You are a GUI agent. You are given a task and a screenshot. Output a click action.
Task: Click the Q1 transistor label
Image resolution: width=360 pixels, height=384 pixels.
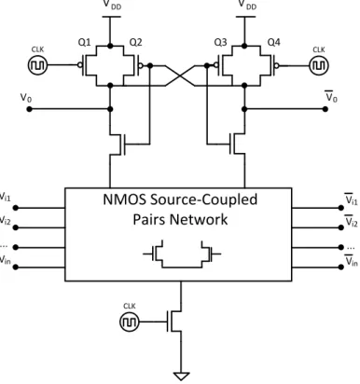click(x=84, y=42)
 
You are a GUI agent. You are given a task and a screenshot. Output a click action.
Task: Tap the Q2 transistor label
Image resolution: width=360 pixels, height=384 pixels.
click(x=135, y=42)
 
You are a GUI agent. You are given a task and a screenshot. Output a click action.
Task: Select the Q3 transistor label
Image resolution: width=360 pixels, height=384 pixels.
click(x=220, y=42)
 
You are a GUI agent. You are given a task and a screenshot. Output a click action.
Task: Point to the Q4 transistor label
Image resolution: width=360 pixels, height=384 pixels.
click(x=274, y=42)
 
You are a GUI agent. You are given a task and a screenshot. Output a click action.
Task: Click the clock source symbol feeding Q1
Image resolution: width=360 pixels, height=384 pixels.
click(x=38, y=65)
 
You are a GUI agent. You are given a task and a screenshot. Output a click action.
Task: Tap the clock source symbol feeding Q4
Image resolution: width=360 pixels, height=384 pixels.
click(x=319, y=65)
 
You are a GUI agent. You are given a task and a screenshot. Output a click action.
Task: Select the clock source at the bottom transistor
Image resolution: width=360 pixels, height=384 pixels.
click(x=129, y=322)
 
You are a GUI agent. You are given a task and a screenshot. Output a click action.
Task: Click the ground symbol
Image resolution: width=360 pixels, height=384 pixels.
click(x=181, y=377)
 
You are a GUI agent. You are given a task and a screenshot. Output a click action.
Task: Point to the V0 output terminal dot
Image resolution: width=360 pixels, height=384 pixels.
click(x=30, y=109)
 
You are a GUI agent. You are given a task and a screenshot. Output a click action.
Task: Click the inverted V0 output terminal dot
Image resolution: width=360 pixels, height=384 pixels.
click(x=325, y=109)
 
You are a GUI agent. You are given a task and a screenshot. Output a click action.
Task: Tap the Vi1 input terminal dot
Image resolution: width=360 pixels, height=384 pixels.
click(x=16, y=208)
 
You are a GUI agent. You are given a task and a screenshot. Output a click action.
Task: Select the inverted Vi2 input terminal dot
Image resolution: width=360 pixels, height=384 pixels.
click(x=341, y=227)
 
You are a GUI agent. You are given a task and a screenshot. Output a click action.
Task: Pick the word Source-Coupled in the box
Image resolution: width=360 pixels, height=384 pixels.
click(x=203, y=199)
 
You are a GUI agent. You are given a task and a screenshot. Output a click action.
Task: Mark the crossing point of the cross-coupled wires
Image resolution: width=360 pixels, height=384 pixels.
click(x=181, y=75)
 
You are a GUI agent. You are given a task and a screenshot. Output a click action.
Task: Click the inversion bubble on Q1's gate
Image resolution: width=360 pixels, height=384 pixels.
click(x=80, y=65)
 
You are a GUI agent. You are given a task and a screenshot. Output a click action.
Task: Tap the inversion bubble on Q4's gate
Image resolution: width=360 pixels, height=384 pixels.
click(x=277, y=65)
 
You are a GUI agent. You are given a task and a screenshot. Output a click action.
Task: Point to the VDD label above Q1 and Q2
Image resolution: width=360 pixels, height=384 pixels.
click(x=112, y=5)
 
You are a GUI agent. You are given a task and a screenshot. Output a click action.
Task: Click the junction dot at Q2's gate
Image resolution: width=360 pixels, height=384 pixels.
click(x=150, y=65)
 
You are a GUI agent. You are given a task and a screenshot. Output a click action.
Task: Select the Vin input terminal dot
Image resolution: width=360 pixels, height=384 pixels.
click(x=16, y=267)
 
